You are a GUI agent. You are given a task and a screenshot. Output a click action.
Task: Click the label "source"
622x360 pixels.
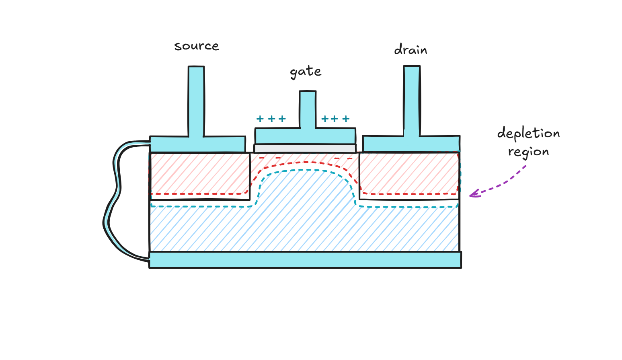click(x=197, y=46)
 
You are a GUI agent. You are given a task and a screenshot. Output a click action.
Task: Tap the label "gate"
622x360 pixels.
click(x=306, y=72)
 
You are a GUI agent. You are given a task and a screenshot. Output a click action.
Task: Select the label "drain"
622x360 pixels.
click(x=411, y=50)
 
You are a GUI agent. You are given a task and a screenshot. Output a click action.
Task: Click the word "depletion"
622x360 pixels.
click(x=528, y=133)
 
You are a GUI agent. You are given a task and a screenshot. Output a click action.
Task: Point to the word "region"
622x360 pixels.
click(x=528, y=152)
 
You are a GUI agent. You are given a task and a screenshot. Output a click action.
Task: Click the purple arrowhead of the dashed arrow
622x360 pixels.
click(x=473, y=195)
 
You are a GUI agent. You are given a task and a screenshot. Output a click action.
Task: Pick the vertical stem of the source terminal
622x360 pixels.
click(x=196, y=101)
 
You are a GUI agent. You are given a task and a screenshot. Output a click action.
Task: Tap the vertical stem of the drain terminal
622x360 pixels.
click(x=412, y=101)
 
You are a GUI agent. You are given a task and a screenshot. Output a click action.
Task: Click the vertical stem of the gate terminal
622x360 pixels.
click(x=308, y=109)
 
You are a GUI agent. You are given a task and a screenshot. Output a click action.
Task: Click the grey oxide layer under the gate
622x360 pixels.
click(x=305, y=148)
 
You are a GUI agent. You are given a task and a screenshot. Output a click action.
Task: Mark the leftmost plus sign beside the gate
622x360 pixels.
click(x=260, y=119)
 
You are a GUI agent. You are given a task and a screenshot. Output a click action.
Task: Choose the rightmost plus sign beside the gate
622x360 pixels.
click(x=346, y=119)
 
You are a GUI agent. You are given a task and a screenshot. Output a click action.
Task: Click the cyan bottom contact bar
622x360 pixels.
click(x=305, y=260)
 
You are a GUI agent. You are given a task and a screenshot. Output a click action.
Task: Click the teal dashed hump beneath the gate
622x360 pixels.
click(x=306, y=170)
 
